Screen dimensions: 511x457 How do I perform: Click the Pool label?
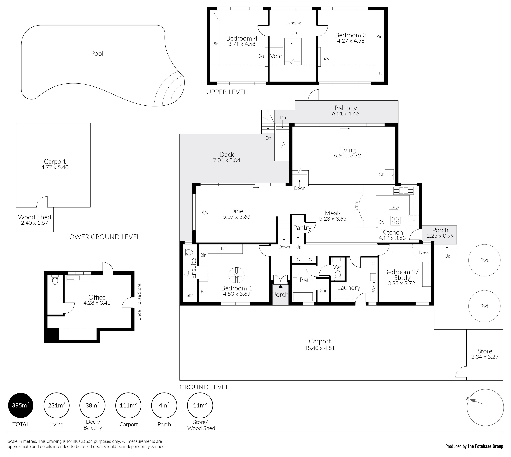point(97,53)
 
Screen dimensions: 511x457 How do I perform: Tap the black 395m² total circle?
point(21,405)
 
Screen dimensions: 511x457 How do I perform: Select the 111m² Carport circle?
point(128,405)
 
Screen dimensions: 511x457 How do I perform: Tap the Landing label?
point(293,23)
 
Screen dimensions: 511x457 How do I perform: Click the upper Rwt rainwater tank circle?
point(484,260)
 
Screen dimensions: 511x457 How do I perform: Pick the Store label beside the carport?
point(485,351)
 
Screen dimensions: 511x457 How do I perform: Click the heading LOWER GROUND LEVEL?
point(103,237)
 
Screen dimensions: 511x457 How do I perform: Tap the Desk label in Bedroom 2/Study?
point(424,252)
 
